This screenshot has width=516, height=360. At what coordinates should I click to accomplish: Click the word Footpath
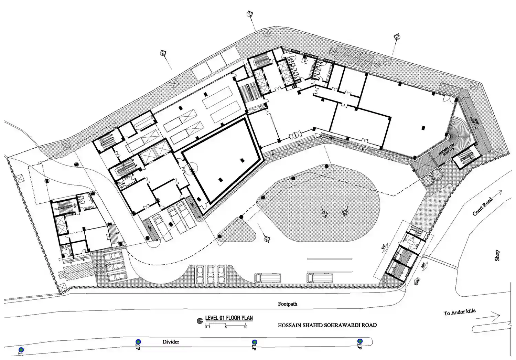coord(288,304)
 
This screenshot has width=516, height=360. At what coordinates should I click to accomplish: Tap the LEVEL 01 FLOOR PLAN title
coord(229,318)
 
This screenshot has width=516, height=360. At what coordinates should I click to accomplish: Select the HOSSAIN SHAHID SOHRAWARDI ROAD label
coord(327,325)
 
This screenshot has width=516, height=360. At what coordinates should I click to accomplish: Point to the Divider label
coord(171,342)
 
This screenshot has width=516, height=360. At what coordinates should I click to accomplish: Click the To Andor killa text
coord(460,312)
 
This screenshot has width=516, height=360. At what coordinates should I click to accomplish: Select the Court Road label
coord(482,207)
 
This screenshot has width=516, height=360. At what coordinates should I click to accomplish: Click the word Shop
coord(497,255)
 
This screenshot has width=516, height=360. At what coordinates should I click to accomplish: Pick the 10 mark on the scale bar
coord(245,327)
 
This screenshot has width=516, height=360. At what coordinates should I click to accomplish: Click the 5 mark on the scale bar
coord(226,327)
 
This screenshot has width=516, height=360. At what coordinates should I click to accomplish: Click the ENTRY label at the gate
coord(418,281)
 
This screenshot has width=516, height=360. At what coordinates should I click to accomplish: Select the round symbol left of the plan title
coord(199,321)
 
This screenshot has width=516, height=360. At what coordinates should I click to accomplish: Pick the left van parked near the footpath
coord(268,277)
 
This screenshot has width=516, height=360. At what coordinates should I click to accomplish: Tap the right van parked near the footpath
coord(320,277)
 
